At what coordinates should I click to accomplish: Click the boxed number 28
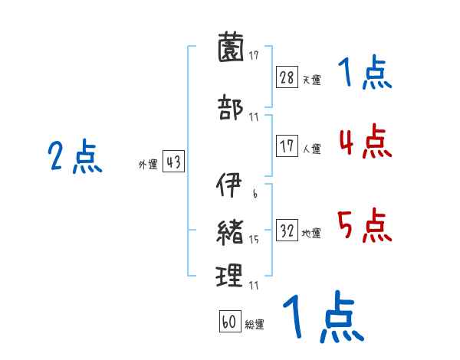[287, 77]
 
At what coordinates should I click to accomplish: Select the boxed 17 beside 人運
[287, 146]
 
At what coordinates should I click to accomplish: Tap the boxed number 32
[287, 231]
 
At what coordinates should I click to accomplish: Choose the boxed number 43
[173, 162]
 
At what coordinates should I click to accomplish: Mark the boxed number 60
[228, 322]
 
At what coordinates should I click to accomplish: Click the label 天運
[311, 80]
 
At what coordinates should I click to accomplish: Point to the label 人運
[311, 149]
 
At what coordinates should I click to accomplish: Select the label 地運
[311, 233]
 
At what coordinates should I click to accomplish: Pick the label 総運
[254, 324]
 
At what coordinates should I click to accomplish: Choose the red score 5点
[364, 226]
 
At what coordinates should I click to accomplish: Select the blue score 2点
[74, 159]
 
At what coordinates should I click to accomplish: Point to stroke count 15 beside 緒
[253, 239]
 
